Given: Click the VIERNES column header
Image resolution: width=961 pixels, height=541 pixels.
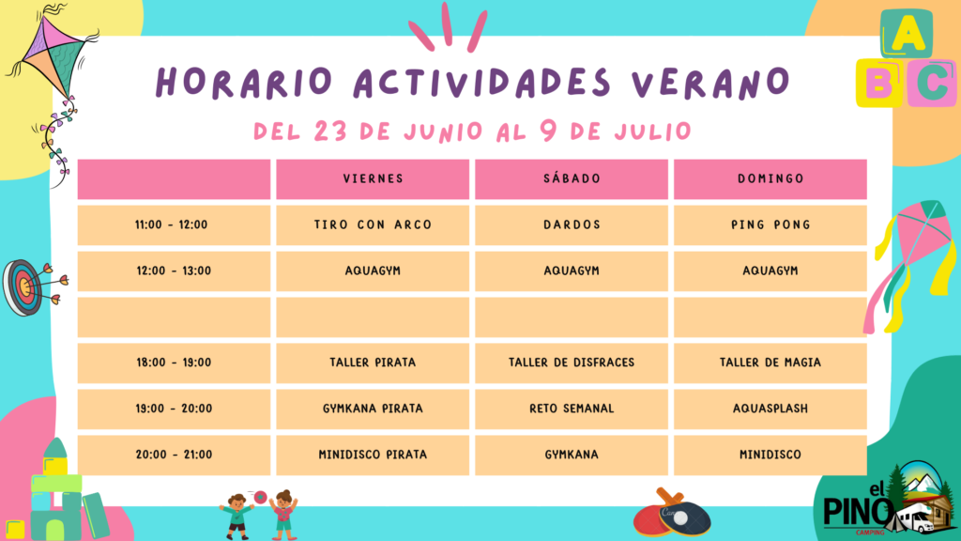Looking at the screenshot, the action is click(x=373, y=179).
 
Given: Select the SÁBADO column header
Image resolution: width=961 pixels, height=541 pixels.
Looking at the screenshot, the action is click(x=572, y=179).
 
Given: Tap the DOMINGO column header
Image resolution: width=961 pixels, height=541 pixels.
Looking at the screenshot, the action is click(x=770, y=179).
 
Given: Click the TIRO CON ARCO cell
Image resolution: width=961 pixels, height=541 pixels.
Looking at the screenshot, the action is click(x=373, y=225).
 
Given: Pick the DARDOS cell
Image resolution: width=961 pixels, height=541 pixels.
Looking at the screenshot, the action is click(x=572, y=225).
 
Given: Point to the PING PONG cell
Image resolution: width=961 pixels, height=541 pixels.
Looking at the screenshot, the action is click(x=770, y=225).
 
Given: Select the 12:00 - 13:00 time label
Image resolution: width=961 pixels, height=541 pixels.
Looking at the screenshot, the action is click(x=174, y=271).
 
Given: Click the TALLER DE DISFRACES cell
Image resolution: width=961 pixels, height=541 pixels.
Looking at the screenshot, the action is click(x=572, y=363).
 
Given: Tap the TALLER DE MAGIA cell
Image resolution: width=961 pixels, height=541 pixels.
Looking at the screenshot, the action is click(x=770, y=363).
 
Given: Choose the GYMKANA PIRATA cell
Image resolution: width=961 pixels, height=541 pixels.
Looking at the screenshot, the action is click(x=373, y=410).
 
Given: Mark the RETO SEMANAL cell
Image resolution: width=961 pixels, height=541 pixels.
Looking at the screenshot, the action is click(x=572, y=410).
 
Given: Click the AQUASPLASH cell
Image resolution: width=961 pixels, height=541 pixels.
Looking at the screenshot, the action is click(x=770, y=410).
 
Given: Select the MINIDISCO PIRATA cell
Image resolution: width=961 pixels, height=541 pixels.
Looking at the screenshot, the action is click(x=373, y=456).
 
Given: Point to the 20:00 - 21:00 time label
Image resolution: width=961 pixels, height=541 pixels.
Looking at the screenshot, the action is click(x=174, y=456).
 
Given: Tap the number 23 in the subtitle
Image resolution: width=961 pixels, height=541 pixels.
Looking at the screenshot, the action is click(x=330, y=131).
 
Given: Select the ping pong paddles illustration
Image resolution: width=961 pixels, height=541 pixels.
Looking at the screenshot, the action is click(x=672, y=513).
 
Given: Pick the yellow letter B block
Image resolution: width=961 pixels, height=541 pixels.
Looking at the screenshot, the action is click(x=878, y=83).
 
